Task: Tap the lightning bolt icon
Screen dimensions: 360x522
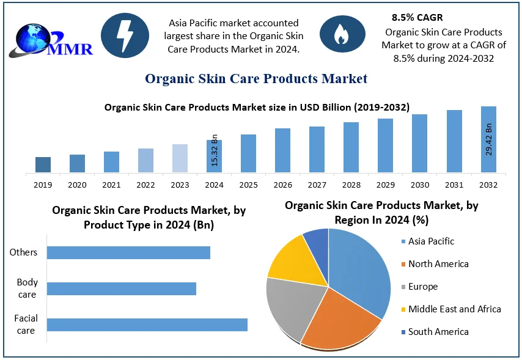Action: tap(125, 36)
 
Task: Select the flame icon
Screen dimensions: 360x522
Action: tap(340, 35)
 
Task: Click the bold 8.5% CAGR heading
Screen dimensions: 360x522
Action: tap(417, 18)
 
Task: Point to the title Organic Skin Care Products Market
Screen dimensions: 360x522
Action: tap(256, 79)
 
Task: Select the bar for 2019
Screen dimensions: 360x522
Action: tap(43, 164)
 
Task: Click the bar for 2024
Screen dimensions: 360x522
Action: tap(214, 156)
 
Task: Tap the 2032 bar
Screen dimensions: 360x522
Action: tap(488, 139)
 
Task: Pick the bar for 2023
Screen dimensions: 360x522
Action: tap(180, 158)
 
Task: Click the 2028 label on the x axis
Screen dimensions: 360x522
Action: tap(351, 185)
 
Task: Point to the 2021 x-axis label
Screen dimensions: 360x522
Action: tap(111, 185)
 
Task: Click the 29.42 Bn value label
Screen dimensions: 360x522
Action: tap(489, 140)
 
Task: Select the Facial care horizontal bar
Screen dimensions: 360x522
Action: tap(147, 325)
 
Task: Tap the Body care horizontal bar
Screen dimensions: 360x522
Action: tap(122, 288)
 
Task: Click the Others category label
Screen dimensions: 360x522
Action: tap(23, 252)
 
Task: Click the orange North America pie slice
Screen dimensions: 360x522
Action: tap(339, 321)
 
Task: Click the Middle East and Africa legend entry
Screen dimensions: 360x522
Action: tap(454, 309)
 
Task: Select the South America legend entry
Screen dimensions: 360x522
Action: tap(438, 332)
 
